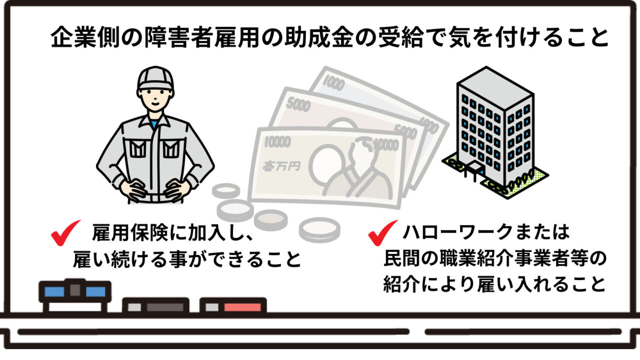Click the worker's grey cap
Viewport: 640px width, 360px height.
coord(155,78)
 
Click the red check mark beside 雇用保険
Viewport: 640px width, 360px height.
coord(65,232)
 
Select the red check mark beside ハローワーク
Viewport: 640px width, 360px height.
coord(383,232)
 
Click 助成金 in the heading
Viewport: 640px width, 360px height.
coord(319,37)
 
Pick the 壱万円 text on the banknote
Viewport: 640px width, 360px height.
coord(281,165)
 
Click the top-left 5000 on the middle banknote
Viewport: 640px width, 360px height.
coord(298,105)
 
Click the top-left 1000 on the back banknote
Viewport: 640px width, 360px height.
coord(334,82)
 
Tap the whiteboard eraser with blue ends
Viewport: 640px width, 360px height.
coord(75,295)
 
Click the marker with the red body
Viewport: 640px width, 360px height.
coord(233,305)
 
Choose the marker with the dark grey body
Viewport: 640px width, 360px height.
coord(155,305)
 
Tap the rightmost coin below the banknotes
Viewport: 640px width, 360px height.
coord(319,229)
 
